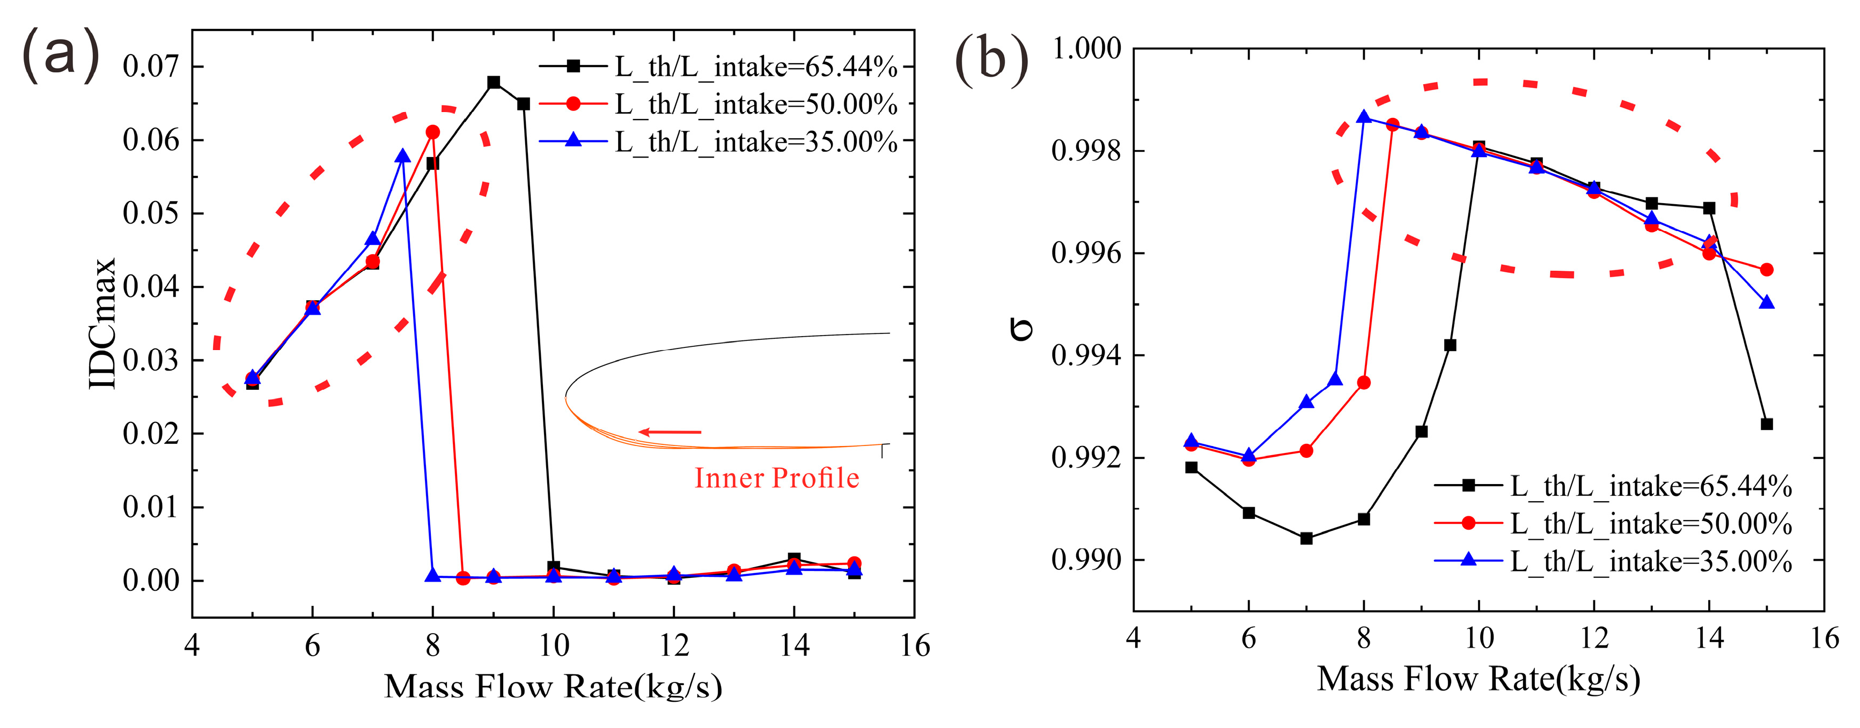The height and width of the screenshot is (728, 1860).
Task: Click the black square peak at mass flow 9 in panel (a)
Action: [494, 82]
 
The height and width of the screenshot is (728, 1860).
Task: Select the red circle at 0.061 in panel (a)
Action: [432, 132]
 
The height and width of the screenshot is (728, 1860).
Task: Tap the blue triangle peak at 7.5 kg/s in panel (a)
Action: [403, 157]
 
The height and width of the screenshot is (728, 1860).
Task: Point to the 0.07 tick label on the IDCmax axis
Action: [151, 66]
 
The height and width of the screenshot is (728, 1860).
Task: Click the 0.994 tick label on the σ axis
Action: [1086, 356]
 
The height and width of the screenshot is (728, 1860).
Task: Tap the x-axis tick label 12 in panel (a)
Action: [674, 646]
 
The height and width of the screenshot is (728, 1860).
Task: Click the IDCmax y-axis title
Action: [102, 323]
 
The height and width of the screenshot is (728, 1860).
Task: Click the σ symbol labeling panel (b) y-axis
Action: [1021, 330]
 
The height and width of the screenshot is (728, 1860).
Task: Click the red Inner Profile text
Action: [777, 478]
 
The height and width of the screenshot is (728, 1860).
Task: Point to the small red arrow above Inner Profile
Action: [670, 432]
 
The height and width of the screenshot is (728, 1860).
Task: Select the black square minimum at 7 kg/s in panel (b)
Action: [1306, 538]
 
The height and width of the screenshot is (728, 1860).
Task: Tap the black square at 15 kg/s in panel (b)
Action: [1767, 424]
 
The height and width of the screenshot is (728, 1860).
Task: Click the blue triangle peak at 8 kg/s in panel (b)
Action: [1363, 117]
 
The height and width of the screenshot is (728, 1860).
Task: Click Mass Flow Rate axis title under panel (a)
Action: [553, 686]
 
